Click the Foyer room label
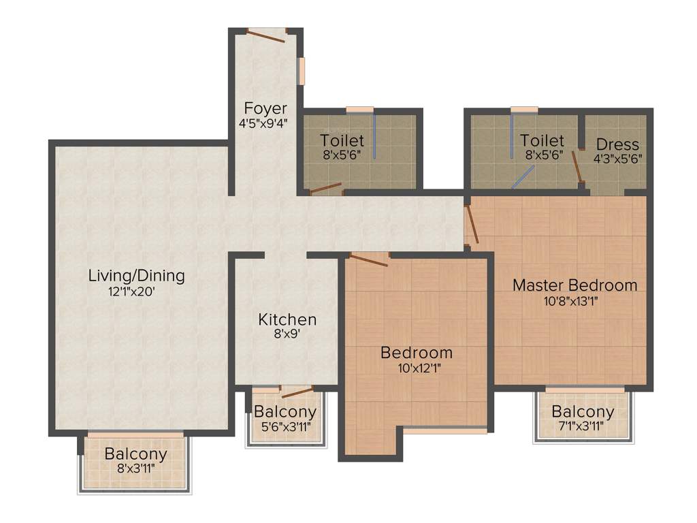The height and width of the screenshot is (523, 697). click(x=265, y=109)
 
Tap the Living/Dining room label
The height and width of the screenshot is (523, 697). click(x=136, y=276)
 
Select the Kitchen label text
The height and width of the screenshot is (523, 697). click(x=287, y=319)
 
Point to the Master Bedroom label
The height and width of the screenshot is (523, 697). click(x=574, y=285)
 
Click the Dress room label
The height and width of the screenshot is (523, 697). click(x=617, y=144)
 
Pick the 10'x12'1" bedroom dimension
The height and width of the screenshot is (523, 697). click(x=416, y=368)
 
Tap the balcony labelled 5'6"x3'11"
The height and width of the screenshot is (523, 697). click(x=285, y=419)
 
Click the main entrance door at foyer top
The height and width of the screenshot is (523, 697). click(x=266, y=35)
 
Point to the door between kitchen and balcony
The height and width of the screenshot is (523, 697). click(x=297, y=391)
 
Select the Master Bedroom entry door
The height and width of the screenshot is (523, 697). click(x=472, y=225)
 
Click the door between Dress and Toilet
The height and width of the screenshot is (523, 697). click(x=577, y=165)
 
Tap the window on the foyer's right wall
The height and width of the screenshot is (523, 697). click(x=301, y=71)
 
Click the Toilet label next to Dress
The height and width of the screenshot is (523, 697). click(x=542, y=141)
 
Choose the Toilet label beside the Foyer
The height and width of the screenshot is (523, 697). click(x=342, y=141)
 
